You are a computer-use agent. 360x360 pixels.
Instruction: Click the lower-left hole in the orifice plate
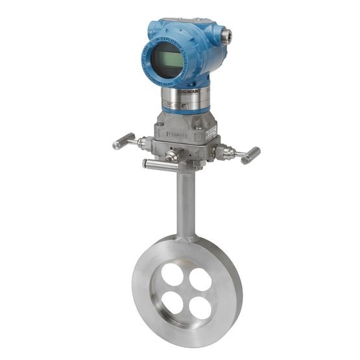coord(173,302)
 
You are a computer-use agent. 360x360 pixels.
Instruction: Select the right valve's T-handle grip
coord(250,156)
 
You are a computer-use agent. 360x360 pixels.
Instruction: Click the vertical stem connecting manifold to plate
coord(187,201)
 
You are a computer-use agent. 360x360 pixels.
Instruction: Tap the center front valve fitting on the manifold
coord(171,156)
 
